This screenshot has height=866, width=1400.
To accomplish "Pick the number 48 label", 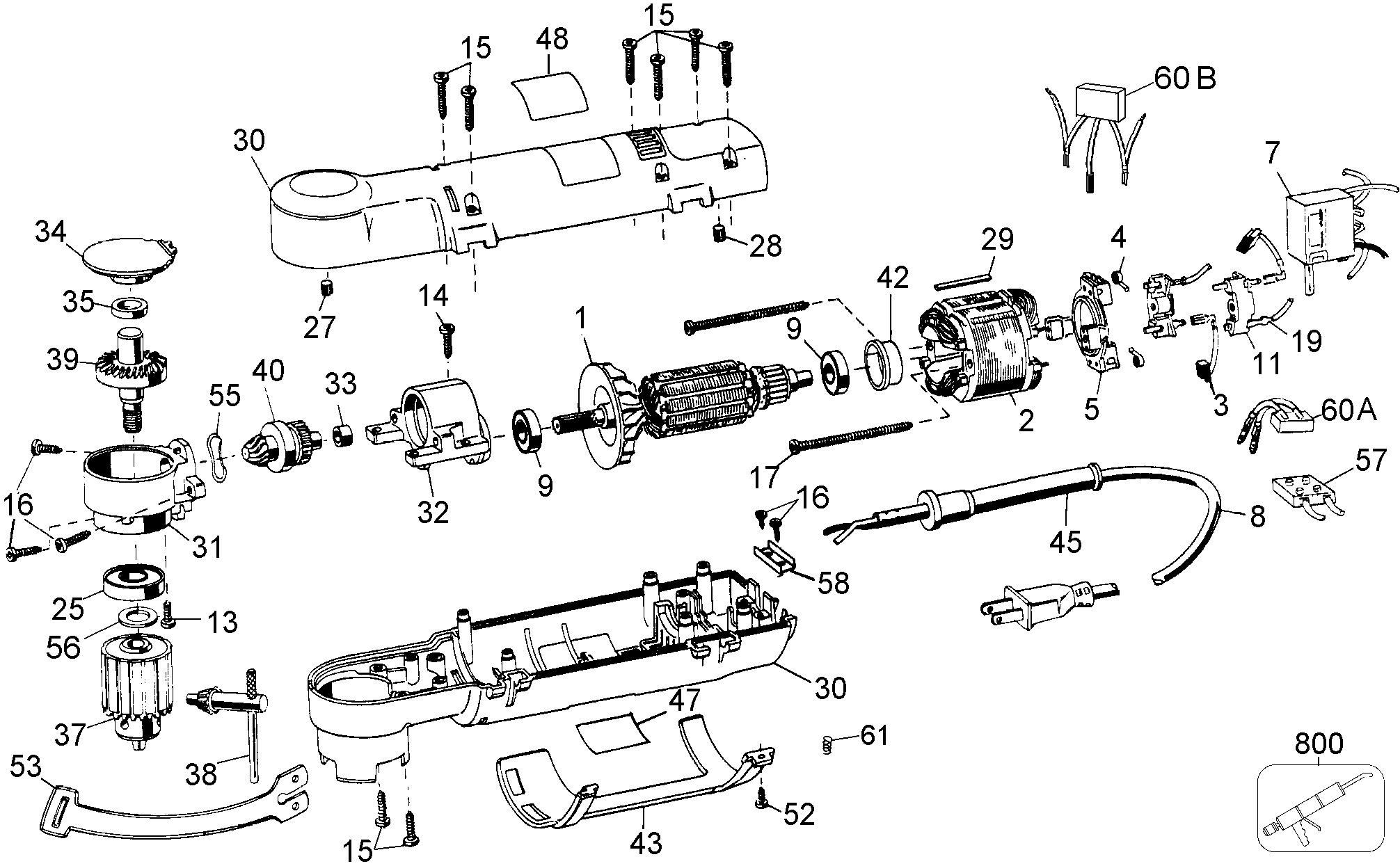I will click(x=551, y=39).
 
